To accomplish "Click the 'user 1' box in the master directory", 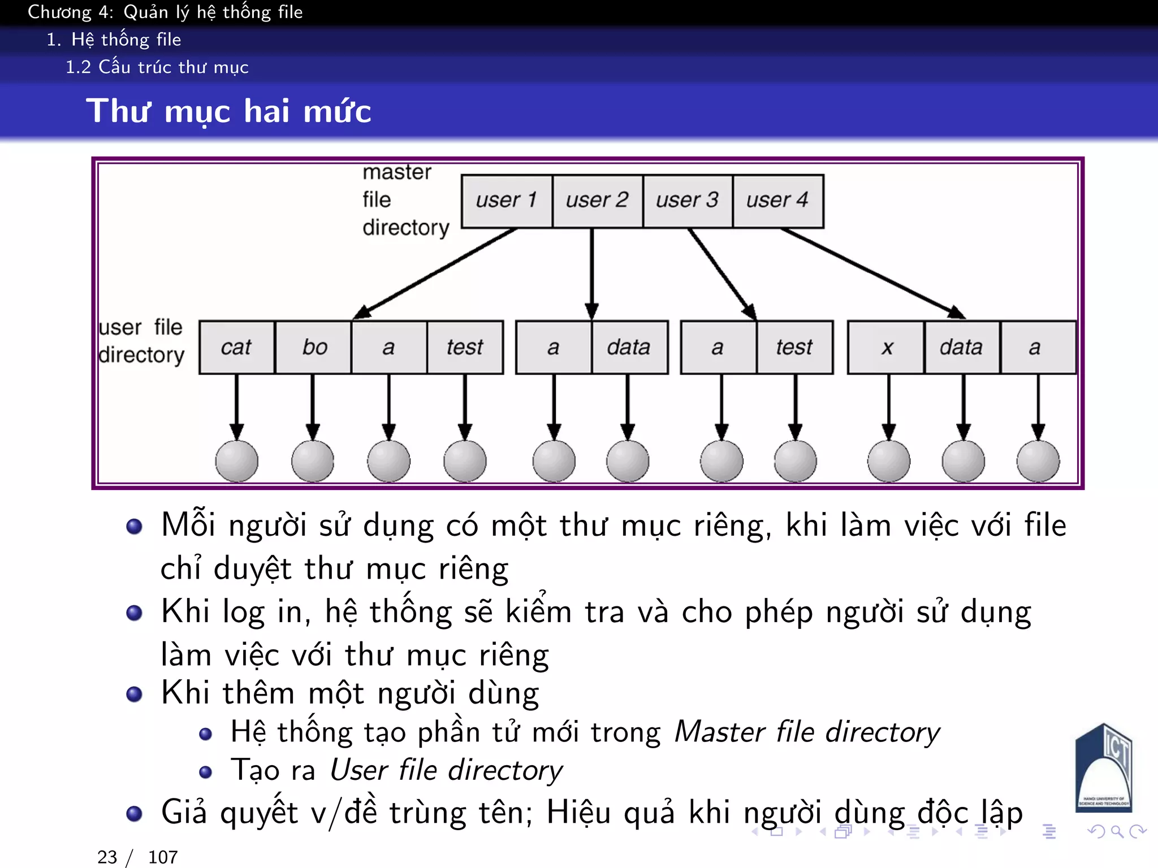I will pos(507,201).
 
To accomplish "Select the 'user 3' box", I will pos(688,201).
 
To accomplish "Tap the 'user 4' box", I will pos(778,201).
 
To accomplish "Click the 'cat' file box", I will pos(236,347).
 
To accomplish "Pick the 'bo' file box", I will pos(314,347).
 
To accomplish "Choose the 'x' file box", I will pos(887,347).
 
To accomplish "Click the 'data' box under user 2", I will pos(629,347).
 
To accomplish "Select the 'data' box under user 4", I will pos(961,347).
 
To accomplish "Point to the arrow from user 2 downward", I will pos(592,274).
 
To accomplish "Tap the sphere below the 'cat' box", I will pos(237,461).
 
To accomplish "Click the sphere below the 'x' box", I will pos(889,461).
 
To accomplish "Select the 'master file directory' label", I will pos(404,200).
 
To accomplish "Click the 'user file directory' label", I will pos(141,341).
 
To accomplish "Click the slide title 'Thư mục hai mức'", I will pos(228,111).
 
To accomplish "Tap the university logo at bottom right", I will pos(1103,769).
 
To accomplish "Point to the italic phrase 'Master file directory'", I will pos(807,732).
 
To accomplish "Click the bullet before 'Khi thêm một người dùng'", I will pos(134,694).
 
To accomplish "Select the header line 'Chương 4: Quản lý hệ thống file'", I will pos(165,12).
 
